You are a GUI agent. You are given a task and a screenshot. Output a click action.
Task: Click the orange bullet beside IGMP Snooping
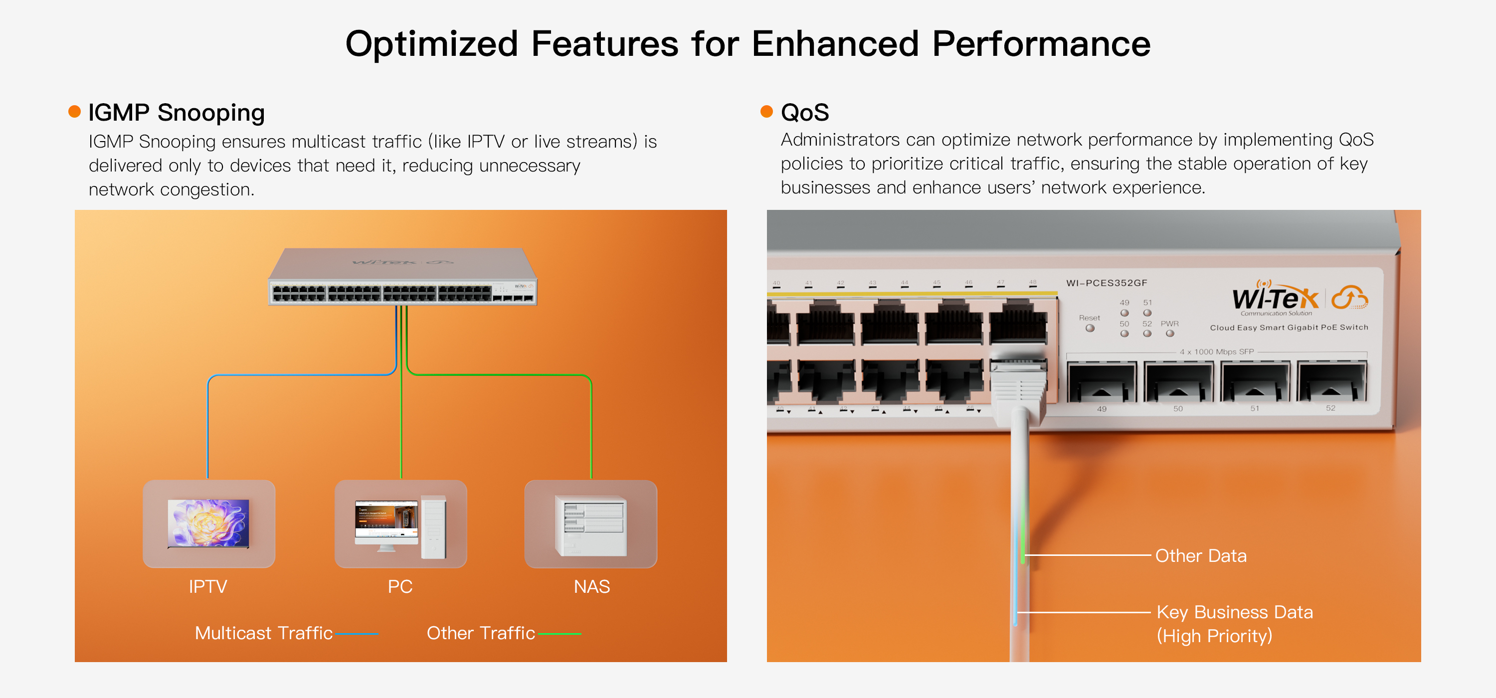point(74,112)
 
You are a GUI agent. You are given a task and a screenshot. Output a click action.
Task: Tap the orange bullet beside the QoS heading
point(766,112)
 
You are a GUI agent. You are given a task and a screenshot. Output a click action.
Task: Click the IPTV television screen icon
point(208,523)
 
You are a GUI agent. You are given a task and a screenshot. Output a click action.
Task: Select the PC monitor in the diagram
point(386,522)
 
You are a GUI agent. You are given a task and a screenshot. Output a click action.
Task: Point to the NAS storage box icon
point(590,525)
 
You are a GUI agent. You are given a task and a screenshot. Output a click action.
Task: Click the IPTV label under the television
point(207,586)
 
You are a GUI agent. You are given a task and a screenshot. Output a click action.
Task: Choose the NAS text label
point(591,586)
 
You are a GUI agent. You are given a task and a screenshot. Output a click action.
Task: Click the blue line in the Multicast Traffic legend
point(357,634)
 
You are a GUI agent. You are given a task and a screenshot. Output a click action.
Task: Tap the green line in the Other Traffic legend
point(560,634)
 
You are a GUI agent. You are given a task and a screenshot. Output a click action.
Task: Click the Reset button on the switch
point(1090,328)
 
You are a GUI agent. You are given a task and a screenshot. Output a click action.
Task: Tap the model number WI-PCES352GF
point(1107,283)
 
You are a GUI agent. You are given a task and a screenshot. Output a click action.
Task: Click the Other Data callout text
point(1200,556)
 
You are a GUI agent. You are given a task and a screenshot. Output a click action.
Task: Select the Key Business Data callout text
point(1234,612)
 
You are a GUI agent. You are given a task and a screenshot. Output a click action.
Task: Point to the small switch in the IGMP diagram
point(402,278)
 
